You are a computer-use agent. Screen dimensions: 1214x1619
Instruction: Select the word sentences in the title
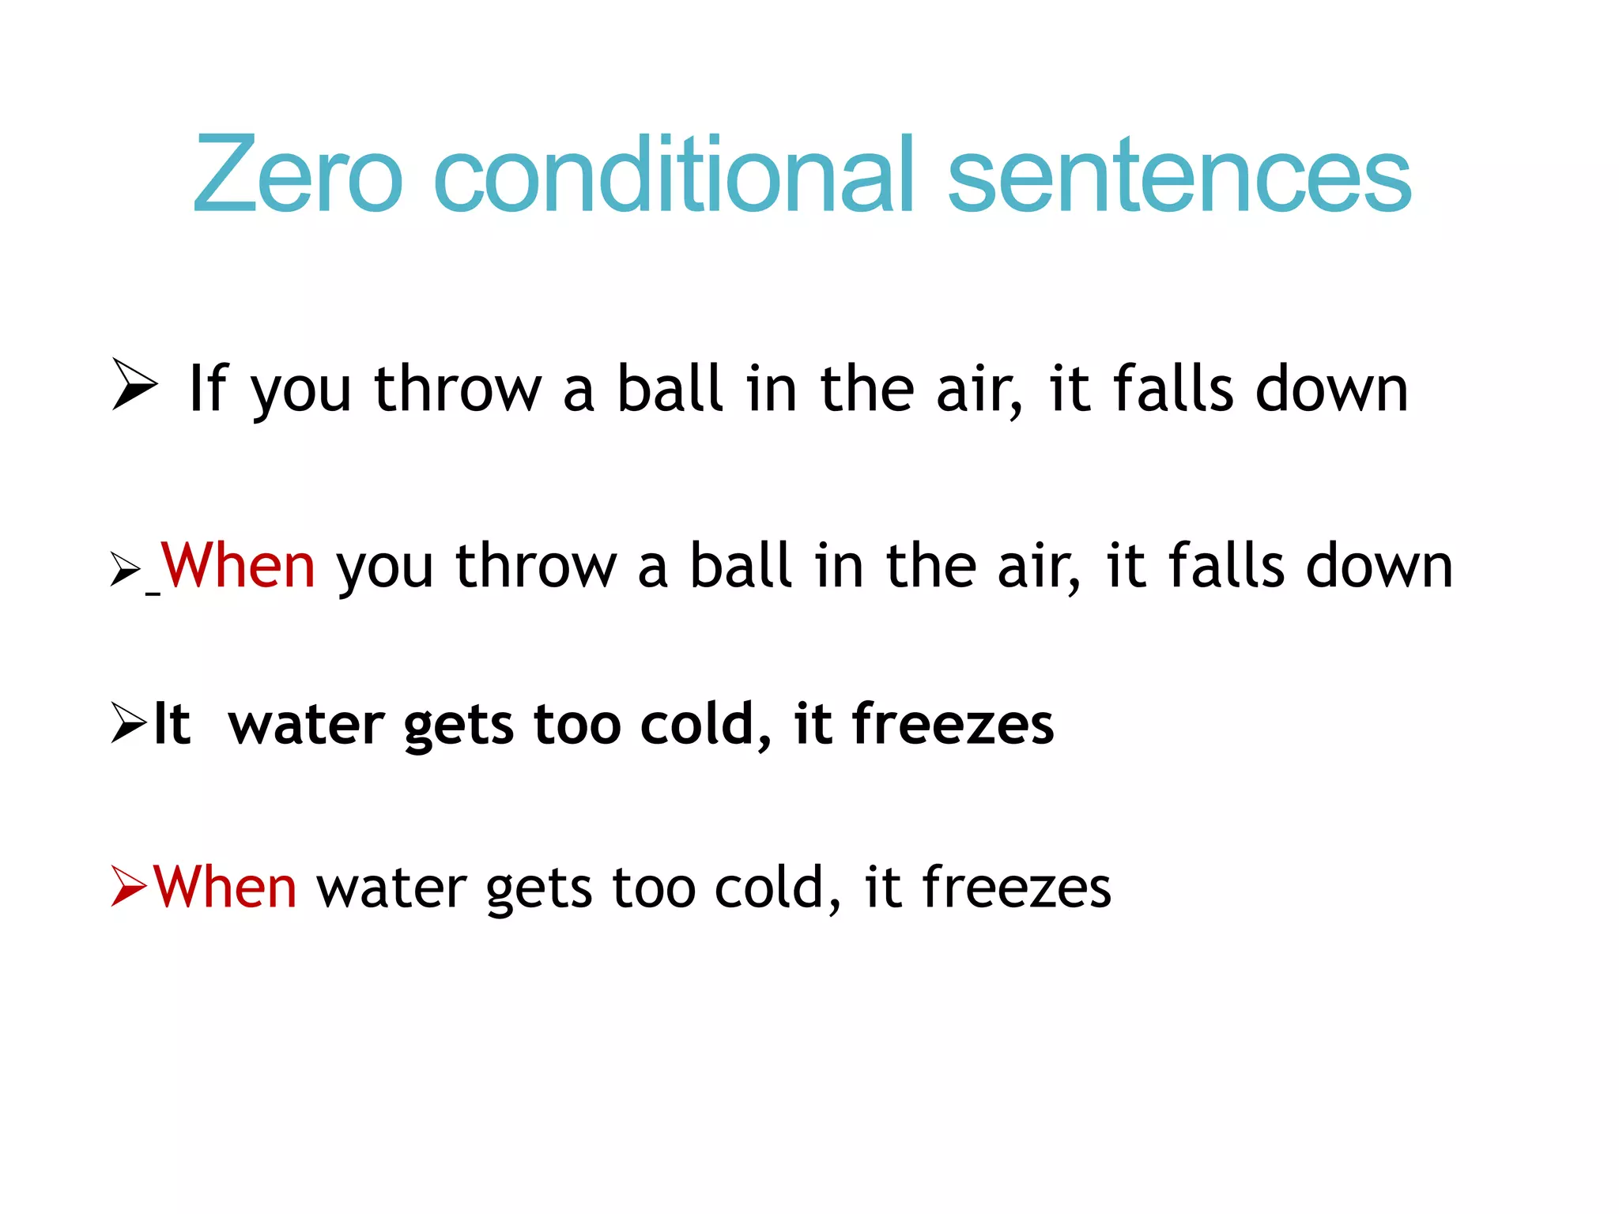coord(1179,175)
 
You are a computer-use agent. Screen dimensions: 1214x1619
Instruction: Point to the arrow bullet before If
coord(134,384)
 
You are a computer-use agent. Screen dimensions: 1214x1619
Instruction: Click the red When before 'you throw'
coord(238,566)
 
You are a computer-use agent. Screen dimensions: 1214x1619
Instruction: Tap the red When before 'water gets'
coord(225,887)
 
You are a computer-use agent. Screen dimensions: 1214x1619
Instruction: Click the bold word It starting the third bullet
coord(172,724)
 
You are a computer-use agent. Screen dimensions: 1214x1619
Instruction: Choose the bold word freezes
coord(953,724)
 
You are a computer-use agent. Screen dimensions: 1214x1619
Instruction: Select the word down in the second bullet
coord(1379,566)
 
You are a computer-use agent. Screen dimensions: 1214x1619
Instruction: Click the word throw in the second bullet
coord(536,566)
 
